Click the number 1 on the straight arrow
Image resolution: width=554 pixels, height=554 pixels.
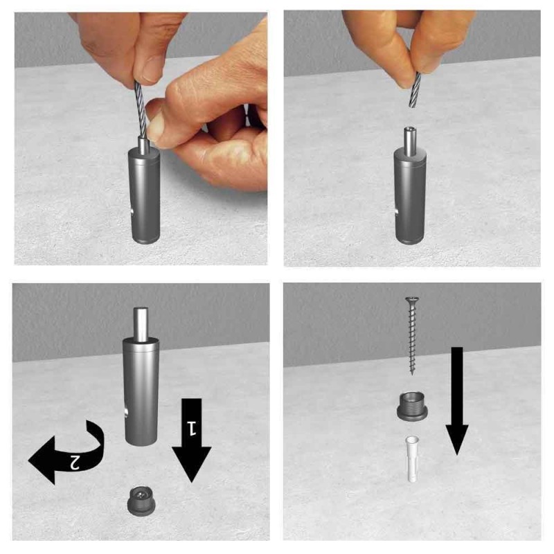[189, 423]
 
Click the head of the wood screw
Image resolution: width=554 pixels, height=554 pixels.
[412, 301]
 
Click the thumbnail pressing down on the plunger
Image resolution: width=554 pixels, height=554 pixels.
[157, 126]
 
